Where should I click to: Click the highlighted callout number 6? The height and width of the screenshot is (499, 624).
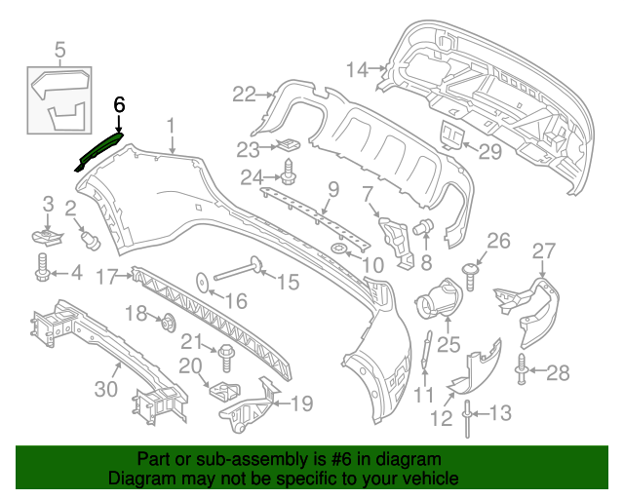(119, 104)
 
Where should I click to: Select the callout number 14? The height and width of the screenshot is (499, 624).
(357, 69)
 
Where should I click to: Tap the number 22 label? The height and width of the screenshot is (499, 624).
(243, 94)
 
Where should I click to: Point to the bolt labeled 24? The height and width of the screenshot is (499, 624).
(289, 177)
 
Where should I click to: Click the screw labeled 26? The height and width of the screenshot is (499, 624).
(470, 271)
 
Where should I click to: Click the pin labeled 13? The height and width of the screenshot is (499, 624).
(469, 416)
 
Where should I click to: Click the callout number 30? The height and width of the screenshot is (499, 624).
(106, 389)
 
